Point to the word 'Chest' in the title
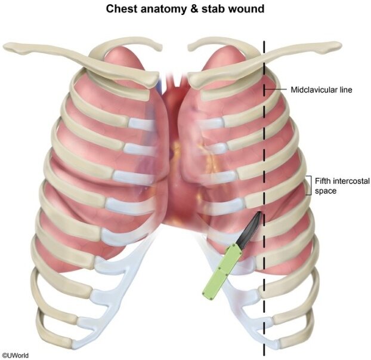coord(121,10)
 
